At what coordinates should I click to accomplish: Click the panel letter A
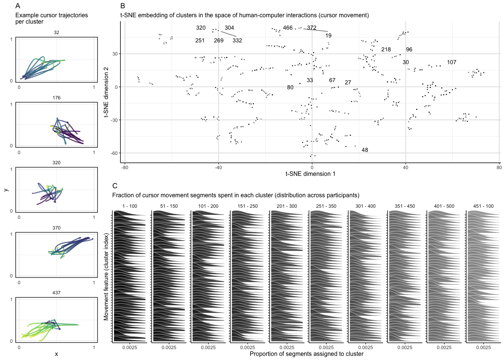(18, 6)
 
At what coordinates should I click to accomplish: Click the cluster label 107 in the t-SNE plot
(451, 62)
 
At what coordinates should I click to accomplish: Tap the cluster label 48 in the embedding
(365, 150)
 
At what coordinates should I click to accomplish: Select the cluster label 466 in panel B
(288, 28)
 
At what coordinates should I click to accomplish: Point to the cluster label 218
(386, 49)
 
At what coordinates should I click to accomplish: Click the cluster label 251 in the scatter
(200, 40)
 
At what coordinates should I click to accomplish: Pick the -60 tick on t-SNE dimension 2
(114, 153)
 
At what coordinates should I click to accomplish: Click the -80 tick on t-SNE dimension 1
(125, 168)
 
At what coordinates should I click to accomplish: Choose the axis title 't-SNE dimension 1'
(310, 174)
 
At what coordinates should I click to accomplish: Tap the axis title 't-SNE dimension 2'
(106, 92)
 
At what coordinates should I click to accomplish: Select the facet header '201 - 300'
(287, 206)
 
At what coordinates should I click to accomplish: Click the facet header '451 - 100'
(483, 206)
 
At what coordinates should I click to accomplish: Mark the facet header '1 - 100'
(130, 206)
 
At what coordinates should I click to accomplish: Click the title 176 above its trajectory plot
(56, 98)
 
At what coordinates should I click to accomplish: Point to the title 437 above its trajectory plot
(56, 293)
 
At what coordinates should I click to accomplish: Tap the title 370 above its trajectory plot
(56, 228)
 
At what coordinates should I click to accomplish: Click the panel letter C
(115, 186)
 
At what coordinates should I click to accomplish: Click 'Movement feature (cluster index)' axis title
(106, 277)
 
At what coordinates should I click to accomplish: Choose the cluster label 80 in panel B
(290, 87)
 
